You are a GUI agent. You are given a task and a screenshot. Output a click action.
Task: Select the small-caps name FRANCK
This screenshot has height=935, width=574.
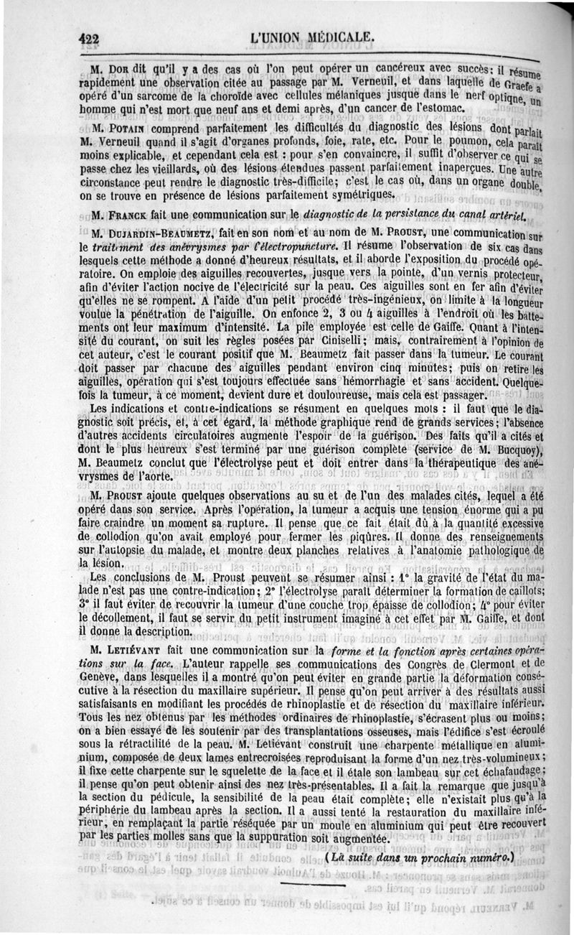[x=123, y=214]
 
